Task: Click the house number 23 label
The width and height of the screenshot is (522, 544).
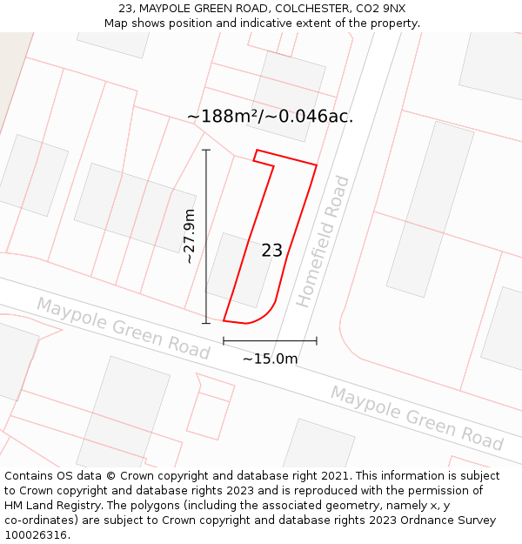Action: coord(272,251)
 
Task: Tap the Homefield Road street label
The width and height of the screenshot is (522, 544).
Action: coord(323,241)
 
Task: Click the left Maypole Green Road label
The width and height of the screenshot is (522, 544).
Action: coord(123,327)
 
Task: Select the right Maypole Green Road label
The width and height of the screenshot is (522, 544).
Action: coord(417,419)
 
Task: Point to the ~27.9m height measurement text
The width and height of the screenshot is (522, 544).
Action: coord(190,236)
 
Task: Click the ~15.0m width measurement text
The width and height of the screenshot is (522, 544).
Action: coord(270,359)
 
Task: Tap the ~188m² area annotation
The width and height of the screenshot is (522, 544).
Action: coord(270,116)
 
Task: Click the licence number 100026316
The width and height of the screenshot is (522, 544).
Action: coord(36,534)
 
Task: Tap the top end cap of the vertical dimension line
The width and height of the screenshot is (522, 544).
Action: coord(206,150)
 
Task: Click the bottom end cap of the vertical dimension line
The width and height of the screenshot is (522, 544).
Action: coord(206,323)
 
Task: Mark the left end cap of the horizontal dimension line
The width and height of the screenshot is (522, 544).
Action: coord(224,340)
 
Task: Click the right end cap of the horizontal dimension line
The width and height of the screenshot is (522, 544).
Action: coord(317,340)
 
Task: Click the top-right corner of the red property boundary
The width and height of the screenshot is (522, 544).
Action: coord(317,165)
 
